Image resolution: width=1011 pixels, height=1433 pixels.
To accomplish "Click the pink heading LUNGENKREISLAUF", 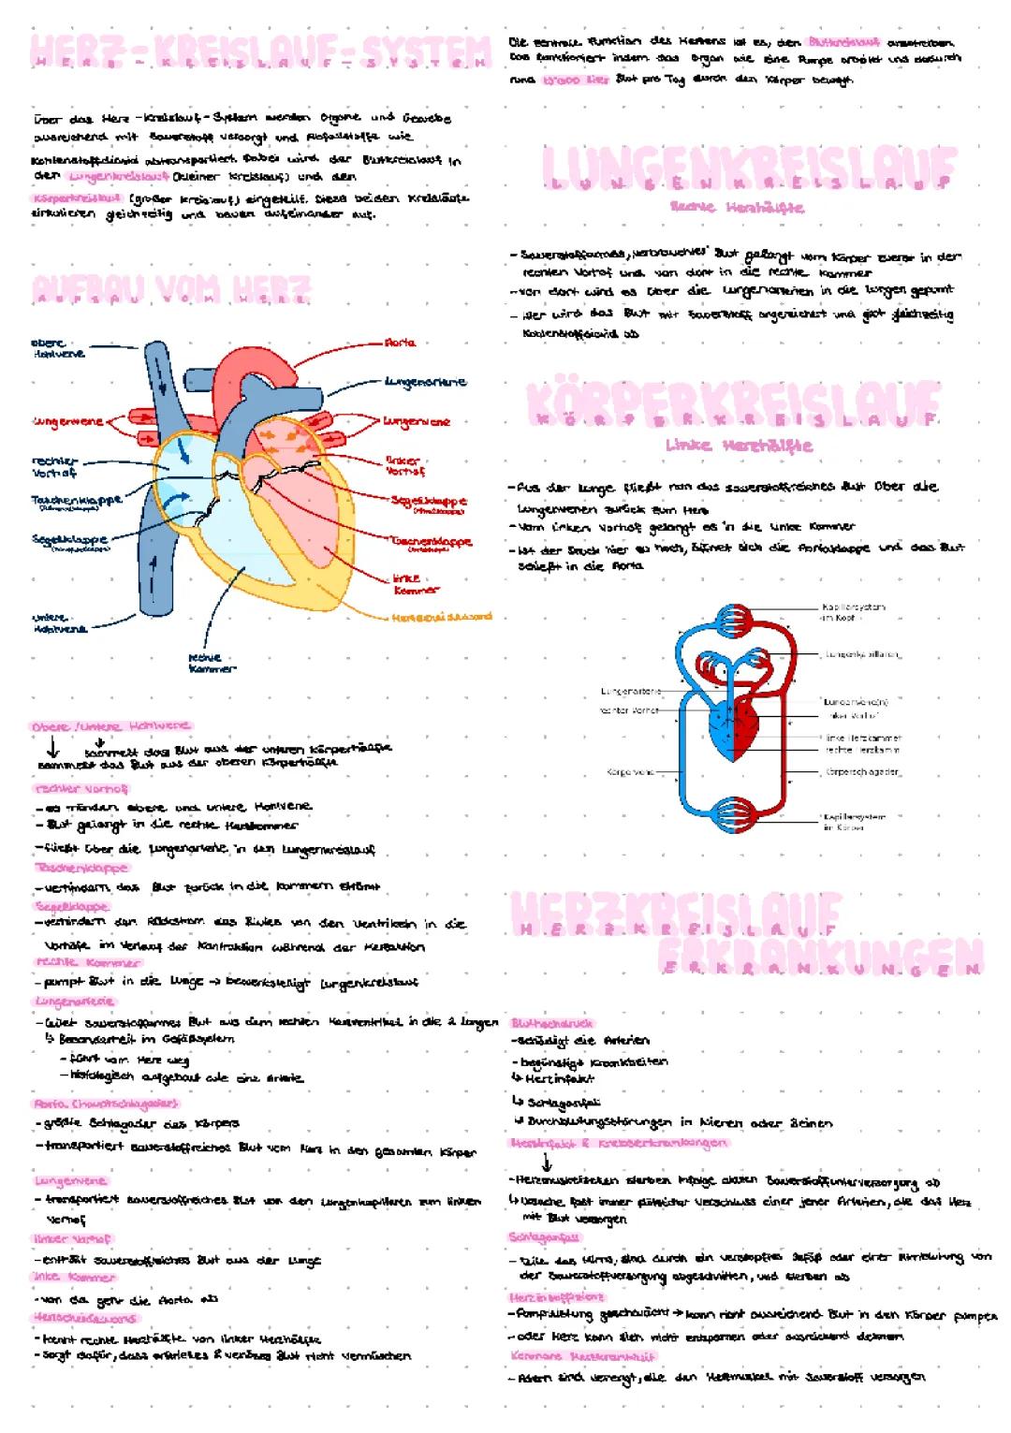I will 749,169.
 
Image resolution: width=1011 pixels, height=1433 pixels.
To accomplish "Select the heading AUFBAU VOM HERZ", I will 170,288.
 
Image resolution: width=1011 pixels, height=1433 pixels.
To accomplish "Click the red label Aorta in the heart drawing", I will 400,344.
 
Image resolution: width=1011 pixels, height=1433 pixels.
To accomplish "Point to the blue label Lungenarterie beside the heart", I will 425,382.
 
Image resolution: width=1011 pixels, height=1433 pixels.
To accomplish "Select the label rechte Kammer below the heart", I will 212,664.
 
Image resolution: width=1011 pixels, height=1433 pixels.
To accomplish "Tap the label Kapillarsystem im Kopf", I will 851,612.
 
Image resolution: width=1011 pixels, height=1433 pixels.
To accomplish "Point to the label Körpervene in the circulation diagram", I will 630,772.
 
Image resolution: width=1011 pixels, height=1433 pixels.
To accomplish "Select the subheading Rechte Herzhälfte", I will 737,207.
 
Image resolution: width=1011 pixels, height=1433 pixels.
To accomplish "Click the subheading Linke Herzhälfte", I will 739,446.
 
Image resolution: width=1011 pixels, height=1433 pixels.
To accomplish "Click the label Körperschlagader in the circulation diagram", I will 862,773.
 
